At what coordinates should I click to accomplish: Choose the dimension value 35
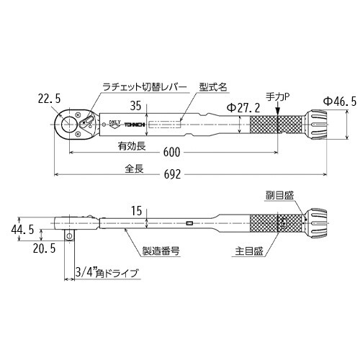tap(136, 104)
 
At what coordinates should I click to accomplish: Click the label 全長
tap(114, 169)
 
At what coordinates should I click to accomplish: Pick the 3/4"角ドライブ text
tap(107, 273)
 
